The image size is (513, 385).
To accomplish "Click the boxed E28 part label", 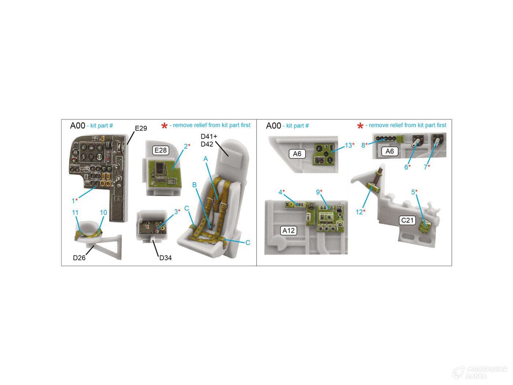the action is click(x=160, y=150).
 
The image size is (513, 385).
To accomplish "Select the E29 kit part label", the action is click(x=141, y=128).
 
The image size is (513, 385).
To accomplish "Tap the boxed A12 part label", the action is click(x=288, y=231).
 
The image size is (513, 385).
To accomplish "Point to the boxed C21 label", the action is click(x=407, y=220).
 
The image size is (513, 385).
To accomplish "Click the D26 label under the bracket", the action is click(x=79, y=258).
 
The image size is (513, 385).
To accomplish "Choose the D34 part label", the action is click(x=166, y=258).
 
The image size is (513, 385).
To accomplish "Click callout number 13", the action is click(x=348, y=146).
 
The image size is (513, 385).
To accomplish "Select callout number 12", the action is click(x=359, y=212).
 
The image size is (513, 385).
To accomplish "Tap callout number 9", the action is click(x=318, y=192).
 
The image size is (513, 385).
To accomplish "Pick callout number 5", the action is click(x=413, y=192).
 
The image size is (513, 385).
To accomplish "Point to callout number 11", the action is click(x=75, y=213).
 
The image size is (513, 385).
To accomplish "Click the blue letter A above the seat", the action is click(x=206, y=159).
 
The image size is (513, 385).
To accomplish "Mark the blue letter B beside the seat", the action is click(x=194, y=185).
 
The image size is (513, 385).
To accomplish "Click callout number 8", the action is click(x=363, y=146).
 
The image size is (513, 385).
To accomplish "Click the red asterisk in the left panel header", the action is click(x=164, y=126).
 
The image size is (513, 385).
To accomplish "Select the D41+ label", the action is click(x=209, y=136).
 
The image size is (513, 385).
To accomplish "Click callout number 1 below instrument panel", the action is click(x=73, y=201).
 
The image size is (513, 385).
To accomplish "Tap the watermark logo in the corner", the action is click(x=458, y=373).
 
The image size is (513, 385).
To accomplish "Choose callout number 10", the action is click(x=103, y=213).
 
